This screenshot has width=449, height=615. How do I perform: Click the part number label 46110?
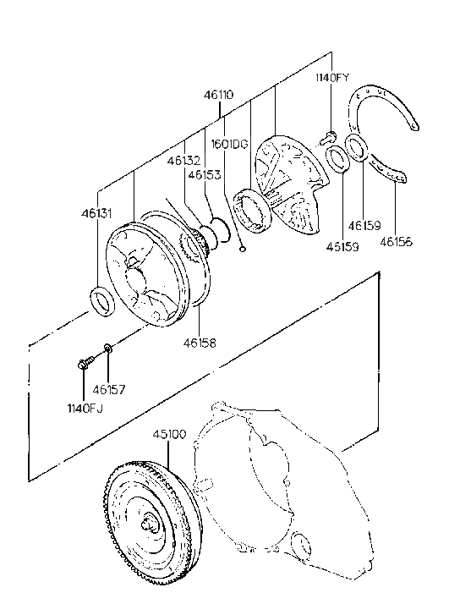pyautogui.click(x=218, y=95)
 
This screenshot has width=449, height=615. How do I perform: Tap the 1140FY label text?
pyautogui.click(x=332, y=77)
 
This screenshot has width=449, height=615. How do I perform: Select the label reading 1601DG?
pyautogui.click(x=230, y=144)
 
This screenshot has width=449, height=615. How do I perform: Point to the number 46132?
pyautogui.click(x=184, y=161)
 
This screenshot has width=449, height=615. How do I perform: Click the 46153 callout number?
pyautogui.click(x=205, y=174)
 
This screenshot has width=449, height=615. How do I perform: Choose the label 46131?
pyautogui.click(x=96, y=214)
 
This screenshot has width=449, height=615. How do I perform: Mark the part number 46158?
pyautogui.click(x=200, y=343)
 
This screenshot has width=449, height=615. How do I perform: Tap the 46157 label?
pyautogui.click(x=108, y=389)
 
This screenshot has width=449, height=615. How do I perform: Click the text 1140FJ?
pyautogui.click(x=85, y=409)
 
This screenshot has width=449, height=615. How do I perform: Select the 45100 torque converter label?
pyautogui.click(x=169, y=434)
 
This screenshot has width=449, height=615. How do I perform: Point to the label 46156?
pyautogui.click(x=396, y=242)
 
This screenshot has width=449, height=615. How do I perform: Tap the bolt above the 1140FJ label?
pyautogui.click(x=85, y=362)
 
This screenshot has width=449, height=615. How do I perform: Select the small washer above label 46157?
pyautogui.click(x=107, y=348)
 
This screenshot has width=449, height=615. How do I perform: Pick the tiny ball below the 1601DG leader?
pyautogui.click(x=243, y=249)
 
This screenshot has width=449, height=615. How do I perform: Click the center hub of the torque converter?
pyautogui.click(x=151, y=524)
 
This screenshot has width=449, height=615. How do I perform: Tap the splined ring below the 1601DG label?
pyautogui.click(x=251, y=209)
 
